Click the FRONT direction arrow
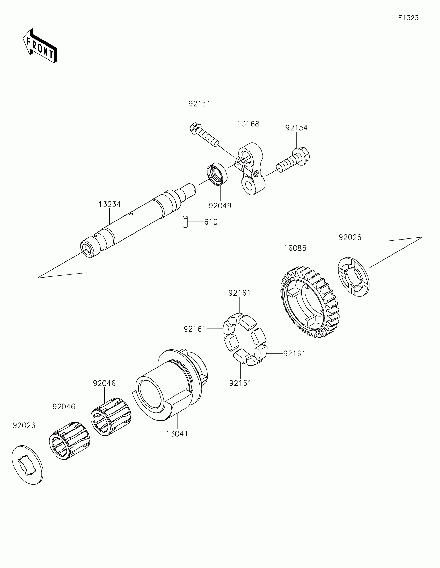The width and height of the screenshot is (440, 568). click(x=40, y=46)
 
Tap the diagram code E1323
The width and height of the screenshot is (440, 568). click(x=408, y=18)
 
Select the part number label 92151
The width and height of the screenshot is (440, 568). click(x=199, y=104)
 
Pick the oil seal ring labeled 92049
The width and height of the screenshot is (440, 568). click(x=217, y=174)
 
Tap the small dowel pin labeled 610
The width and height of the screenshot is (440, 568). click(x=185, y=222)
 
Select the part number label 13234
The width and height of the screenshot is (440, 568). click(x=109, y=204)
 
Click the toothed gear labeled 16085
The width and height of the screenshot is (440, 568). click(x=310, y=303)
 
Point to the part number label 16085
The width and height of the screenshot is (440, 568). click(x=295, y=248)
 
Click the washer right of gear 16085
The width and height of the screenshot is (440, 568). click(x=353, y=277)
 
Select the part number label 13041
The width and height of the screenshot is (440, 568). click(x=177, y=434)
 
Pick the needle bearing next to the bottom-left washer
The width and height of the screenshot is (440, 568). click(x=69, y=440)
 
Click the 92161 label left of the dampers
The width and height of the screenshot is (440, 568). click(x=195, y=329)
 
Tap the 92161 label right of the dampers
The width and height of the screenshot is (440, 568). click(x=294, y=354)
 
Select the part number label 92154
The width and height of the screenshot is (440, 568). click(x=296, y=128)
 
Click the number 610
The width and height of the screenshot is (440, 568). click(x=210, y=222)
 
